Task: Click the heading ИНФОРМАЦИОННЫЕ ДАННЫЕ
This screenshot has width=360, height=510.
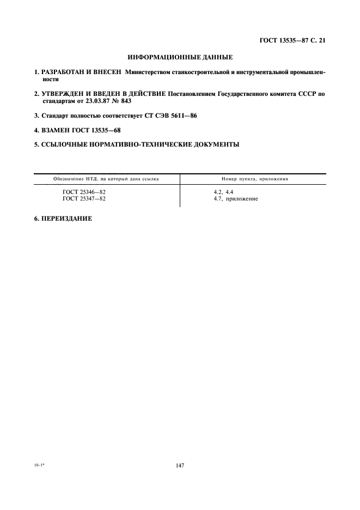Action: click(x=180, y=57)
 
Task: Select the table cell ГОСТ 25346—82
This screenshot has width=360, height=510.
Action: click(x=84, y=192)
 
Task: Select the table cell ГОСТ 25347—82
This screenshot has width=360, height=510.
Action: click(x=84, y=199)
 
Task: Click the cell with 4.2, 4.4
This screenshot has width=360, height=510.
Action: click(x=224, y=192)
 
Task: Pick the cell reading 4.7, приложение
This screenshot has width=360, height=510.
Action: click(x=236, y=199)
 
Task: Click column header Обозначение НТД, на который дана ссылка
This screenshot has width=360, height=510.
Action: click(x=106, y=179)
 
